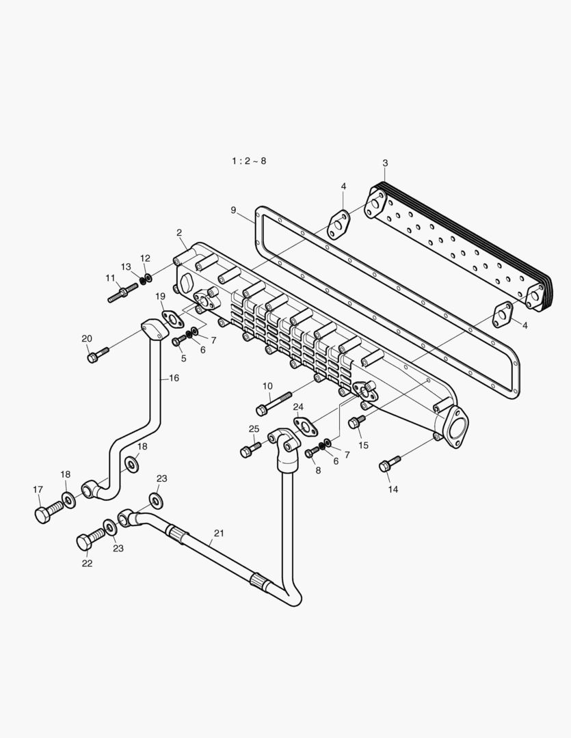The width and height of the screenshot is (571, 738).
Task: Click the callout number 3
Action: click(385, 163)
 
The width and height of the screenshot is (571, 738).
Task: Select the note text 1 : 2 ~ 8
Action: click(248, 161)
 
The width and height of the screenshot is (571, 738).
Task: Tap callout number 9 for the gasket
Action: click(233, 210)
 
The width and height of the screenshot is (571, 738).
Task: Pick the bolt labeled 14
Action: click(388, 465)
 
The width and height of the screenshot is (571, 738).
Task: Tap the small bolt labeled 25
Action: click(250, 449)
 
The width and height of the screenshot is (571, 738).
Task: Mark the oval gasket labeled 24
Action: click(306, 426)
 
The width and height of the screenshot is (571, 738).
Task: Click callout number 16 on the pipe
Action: click(174, 378)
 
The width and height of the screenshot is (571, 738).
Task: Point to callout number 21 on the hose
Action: click(219, 533)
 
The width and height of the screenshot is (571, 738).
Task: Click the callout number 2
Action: click(179, 233)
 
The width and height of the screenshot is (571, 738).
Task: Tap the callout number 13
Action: click(126, 267)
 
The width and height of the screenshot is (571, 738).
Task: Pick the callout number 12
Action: click(145, 258)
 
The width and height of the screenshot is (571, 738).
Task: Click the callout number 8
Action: click(317, 470)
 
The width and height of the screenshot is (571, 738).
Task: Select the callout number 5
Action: click(183, 358)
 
